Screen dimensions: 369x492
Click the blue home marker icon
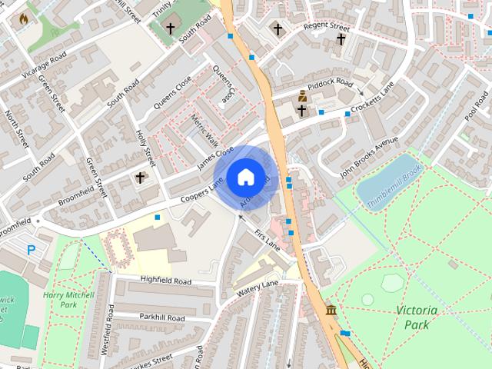[x=244, y=178]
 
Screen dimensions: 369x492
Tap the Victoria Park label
[x=417, y=317]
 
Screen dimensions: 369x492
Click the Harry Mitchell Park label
[x=68, y=300]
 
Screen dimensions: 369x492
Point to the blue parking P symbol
[x=32, y=250]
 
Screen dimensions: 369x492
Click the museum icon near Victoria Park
[x=331, y=310]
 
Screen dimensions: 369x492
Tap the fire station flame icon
[x=23, y=18]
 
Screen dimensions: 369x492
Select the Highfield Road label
[x=166, y=281]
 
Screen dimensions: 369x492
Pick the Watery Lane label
[x=258, y=288]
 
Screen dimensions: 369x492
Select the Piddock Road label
[x=330, y=82]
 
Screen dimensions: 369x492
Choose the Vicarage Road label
[x=44, y=65]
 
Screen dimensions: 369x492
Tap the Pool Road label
[x=476, y=108]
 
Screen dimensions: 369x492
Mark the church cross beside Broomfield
[x=140, y=178]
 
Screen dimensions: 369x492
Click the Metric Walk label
[x=204, y=131]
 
